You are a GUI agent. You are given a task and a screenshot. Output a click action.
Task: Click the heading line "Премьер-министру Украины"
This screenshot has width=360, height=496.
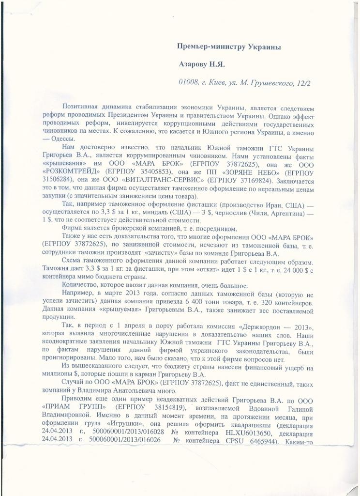click(x=229, y=46)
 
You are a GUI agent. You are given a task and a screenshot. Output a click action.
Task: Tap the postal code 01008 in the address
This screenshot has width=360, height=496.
click(x=189, y=83)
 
